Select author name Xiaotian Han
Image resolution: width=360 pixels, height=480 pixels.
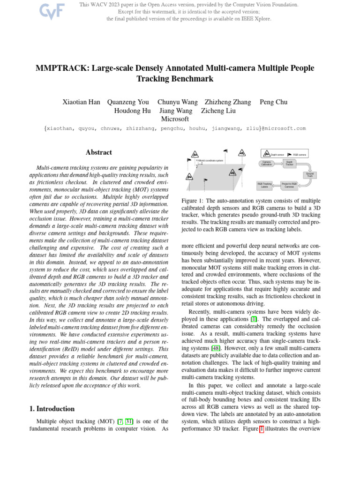click(81, 102)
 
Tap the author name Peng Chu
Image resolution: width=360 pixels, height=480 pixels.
click(274, 102)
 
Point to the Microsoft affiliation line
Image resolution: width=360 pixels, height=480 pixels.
click(175, 120)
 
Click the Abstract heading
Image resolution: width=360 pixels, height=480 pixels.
click(99, 152)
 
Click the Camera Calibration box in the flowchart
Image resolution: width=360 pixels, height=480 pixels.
click(266, 164)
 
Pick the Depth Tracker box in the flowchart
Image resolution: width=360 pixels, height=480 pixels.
click(289, 164)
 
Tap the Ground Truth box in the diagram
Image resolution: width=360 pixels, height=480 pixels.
click(310, 175)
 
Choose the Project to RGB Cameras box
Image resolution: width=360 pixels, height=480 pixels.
click(289, 185)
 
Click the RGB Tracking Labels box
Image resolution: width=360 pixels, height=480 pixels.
click(264, 185)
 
